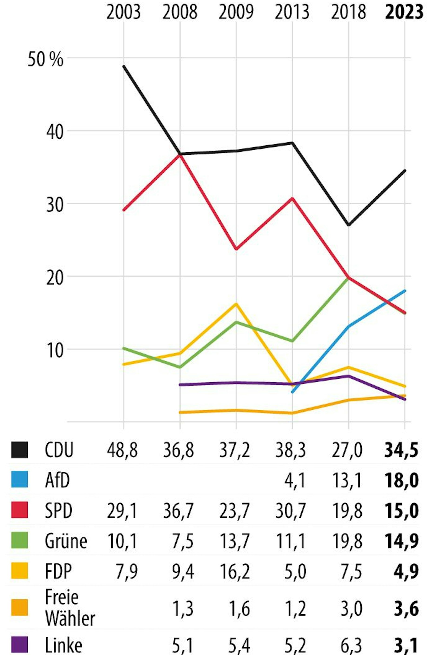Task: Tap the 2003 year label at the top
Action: tap(123, 12)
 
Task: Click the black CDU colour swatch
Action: tap(20, 450)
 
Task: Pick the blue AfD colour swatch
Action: tap(20, 479)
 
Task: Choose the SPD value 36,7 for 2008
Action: tap(178, 511)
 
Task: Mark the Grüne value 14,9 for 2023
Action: tap(402, 540)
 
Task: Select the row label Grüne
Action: tap(66, 540)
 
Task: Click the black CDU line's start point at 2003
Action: tap(124, 67)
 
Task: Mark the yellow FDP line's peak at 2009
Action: tap(236, 304)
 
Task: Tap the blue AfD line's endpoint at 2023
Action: tap(405, 291)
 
